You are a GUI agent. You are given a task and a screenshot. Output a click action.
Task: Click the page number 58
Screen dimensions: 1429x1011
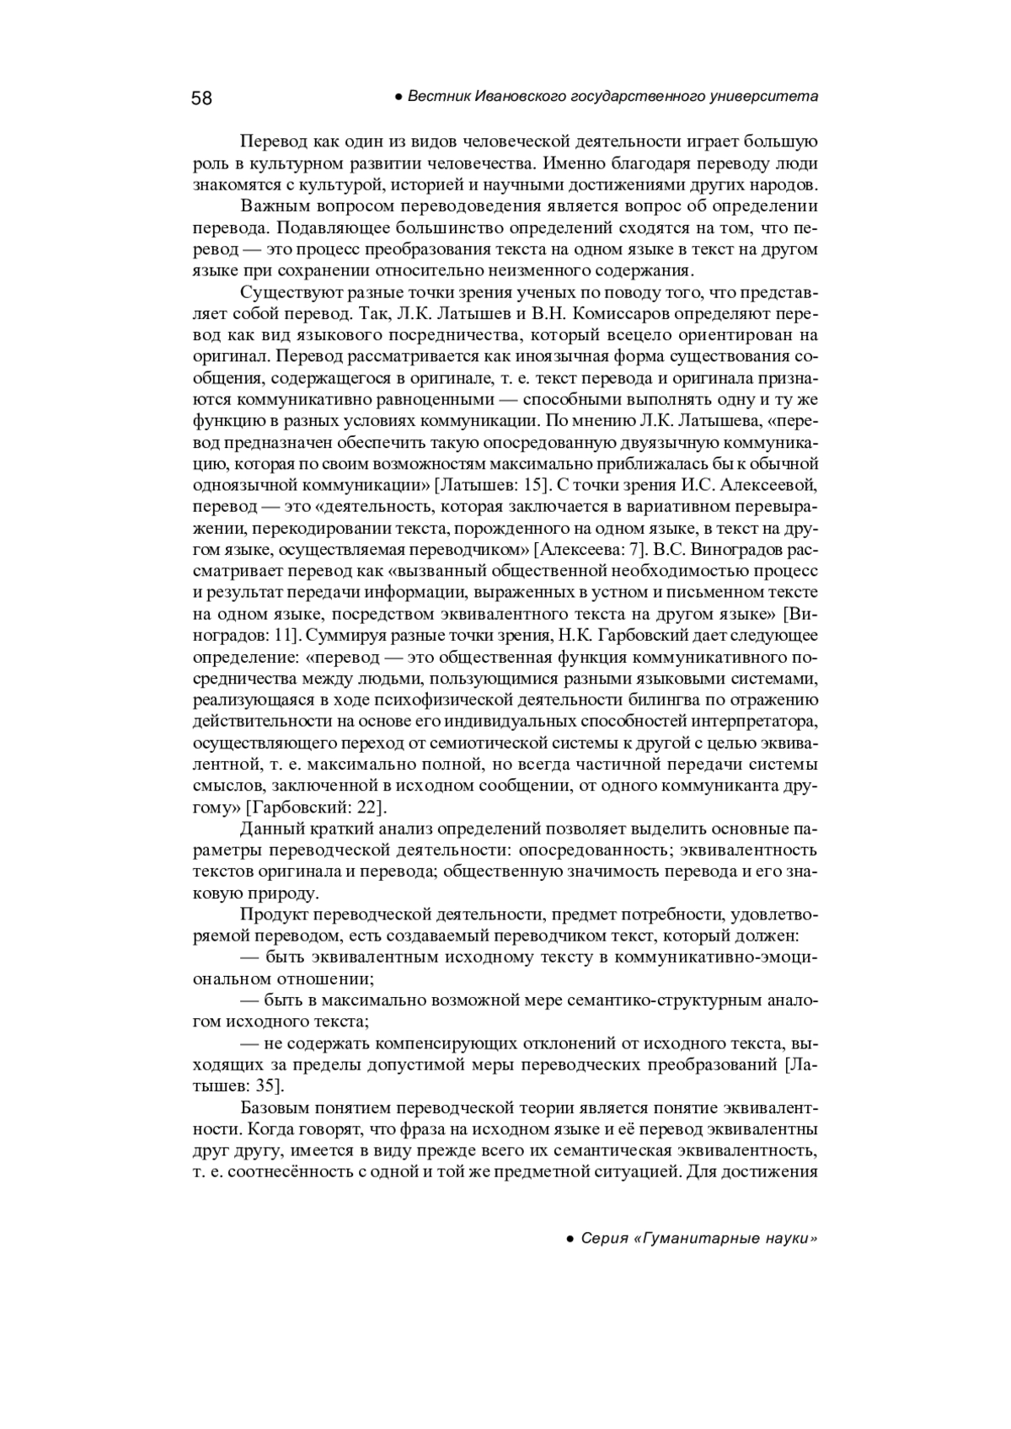[202, 99]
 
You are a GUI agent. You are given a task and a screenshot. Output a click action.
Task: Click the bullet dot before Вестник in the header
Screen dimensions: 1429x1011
[399, 98]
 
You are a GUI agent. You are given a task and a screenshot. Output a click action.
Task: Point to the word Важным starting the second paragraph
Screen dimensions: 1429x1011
[270, 206]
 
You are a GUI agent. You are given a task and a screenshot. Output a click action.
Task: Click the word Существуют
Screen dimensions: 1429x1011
[285, 292]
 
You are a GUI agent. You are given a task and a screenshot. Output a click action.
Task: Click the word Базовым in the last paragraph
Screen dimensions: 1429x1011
[274, 1106]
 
